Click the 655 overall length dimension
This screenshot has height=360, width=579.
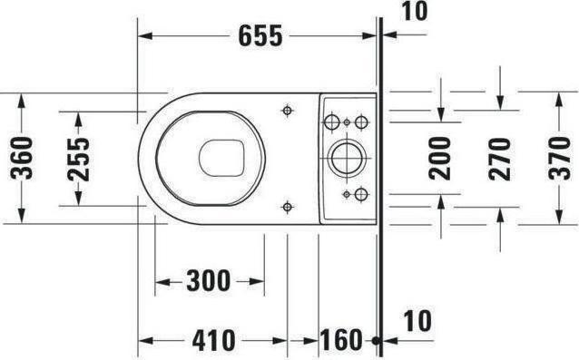pos(260,36)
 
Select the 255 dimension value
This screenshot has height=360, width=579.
pos(79,157)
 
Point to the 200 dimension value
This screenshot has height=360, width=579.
pos(440,157)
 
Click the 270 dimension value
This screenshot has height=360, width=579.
pos(499,157)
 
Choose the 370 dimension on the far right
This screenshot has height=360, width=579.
pos(560,157)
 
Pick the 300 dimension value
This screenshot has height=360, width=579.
pos(209,282)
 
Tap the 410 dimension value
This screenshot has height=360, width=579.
pos(214,341)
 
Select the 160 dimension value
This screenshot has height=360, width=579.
pos(340,341)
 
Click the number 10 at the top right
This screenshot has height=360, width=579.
pos(415,12)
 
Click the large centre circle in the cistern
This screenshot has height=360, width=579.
pos(346,158)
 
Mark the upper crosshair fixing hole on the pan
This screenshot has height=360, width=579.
pos(288,111)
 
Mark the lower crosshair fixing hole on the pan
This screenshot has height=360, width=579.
pos(288,206)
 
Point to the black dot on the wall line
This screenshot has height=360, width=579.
pos(374,341)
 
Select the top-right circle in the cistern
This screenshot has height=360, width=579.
pos(360,121)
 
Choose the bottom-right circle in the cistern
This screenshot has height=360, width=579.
pos(360,194)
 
